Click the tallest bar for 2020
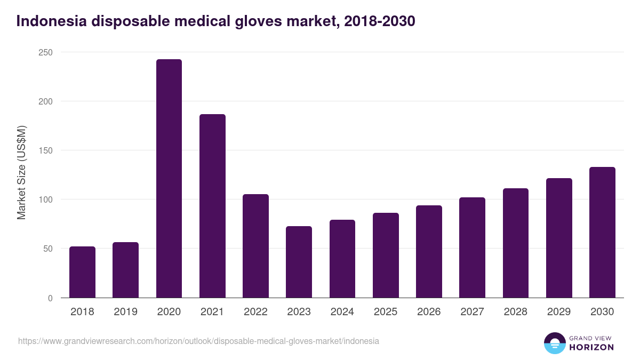[x=169, y=179]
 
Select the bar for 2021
[x=212, y=206]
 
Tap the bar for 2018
[x=82, y=272]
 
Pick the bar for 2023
[x=299, y=262]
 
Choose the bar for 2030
[x=602, y=233]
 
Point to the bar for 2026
[x=429, y=252]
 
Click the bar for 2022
[x=255, y=246]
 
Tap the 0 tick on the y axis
[x=50, y=298]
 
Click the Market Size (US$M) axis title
[x=21, y=172]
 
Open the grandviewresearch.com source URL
[x=198, y=341]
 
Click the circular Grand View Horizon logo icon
[x=554, y=343]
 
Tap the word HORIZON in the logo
[x=591, y=347]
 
